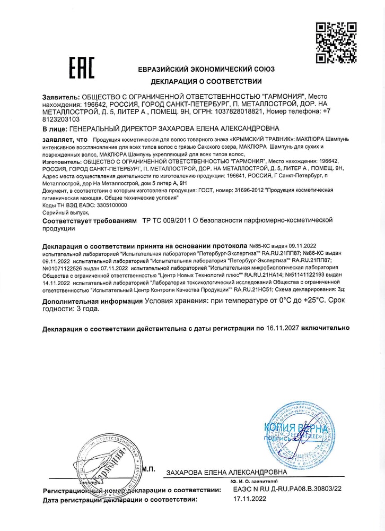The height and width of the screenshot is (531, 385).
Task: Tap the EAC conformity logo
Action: [x=82, y=67]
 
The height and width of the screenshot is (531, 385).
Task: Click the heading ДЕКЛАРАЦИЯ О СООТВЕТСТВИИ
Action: [x=206, y=82]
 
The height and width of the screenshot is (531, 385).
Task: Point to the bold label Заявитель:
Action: [x=60, y=97]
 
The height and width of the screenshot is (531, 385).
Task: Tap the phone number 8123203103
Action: [x=62, y=120]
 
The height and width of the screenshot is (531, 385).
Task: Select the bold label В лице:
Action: [x=55, y=129]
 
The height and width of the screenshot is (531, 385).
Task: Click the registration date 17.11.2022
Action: [x=250, y=500]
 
